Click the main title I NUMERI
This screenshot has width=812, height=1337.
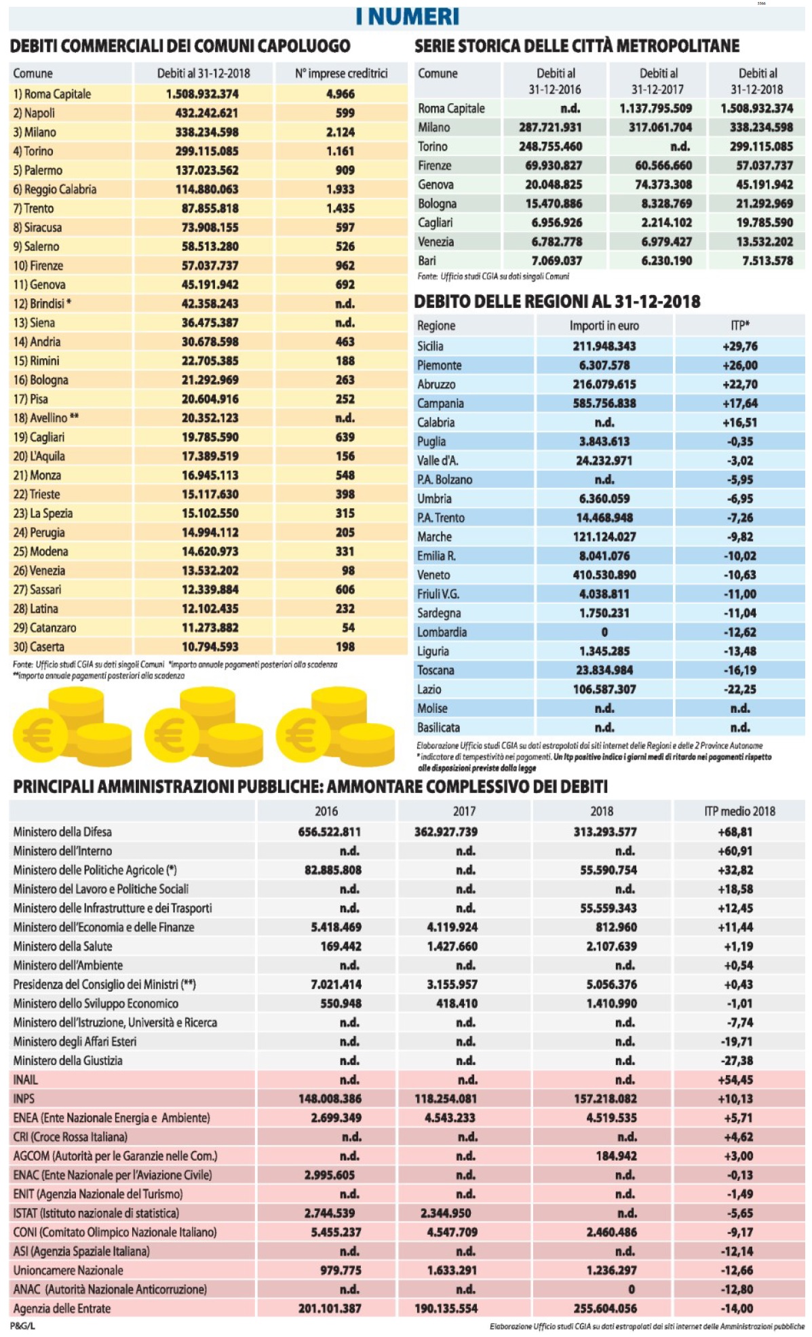click(407, 16)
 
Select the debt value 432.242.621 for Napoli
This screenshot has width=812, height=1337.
click(206, 113)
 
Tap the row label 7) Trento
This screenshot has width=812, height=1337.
click(33, 208)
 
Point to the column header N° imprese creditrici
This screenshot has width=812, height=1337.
click(341, 73)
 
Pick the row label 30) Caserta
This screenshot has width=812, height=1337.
click(39, 646)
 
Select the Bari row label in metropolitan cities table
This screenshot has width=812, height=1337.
click(427, 260)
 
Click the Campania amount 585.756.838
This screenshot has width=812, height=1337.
click(604, 403)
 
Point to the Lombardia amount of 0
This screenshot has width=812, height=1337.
click(604, 632)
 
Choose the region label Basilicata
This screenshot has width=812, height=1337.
click(438, 727)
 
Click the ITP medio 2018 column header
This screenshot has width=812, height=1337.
click(739, 811)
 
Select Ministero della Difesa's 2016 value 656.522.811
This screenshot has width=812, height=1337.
click(329, 832)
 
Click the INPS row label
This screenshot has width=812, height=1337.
click(24, 1098)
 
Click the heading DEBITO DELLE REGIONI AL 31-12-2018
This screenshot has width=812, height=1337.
click(557, 302)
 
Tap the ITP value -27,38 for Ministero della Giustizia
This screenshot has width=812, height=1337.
click(736, 1060)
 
